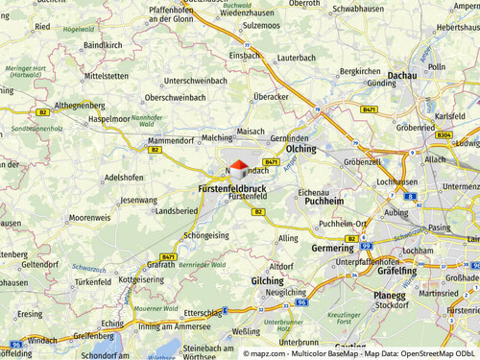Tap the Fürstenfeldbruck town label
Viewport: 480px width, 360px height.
231,189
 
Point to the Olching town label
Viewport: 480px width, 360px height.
300,150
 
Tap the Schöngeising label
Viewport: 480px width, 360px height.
206,234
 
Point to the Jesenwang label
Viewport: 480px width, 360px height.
138,200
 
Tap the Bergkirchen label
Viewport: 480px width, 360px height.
361,71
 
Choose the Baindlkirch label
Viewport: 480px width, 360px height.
103,44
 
